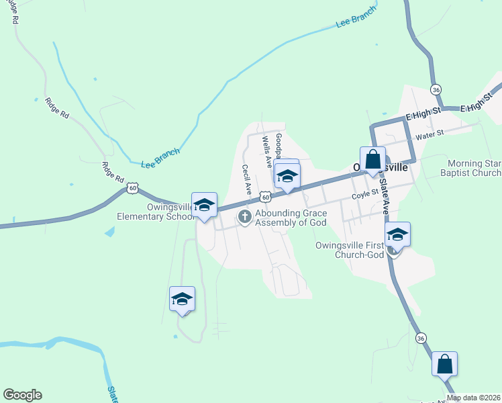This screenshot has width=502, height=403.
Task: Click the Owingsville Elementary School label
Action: click(x=145, y=212)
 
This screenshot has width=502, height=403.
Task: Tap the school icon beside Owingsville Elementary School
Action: click(x=204, y=205)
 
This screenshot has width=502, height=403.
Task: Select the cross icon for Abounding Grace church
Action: click(x=245, y=216)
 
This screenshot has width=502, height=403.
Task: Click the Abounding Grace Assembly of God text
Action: click(x=291, y=218)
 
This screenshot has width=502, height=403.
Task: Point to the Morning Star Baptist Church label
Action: click(x=474, y=168)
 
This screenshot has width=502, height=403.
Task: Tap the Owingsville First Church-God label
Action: click(x=349, y=249)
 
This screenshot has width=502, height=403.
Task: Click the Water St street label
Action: click(x=430, y=134)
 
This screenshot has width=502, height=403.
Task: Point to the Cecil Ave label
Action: click(x=246, y=180)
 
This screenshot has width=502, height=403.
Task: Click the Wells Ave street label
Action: click(x=266, y=150)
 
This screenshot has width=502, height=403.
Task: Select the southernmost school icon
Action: click(x=182, y=298)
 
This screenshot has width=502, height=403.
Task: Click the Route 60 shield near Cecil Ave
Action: click(x=266, y=197)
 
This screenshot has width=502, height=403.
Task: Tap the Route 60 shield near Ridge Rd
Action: click(x=134, y=189)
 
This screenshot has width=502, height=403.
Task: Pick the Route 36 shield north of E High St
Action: click(x=436, y=89)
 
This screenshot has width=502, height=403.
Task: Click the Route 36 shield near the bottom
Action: click(x=421, y=338)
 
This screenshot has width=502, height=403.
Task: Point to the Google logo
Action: click(x=22, y=395)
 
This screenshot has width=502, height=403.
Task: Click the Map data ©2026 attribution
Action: click(x=474, y=398)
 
